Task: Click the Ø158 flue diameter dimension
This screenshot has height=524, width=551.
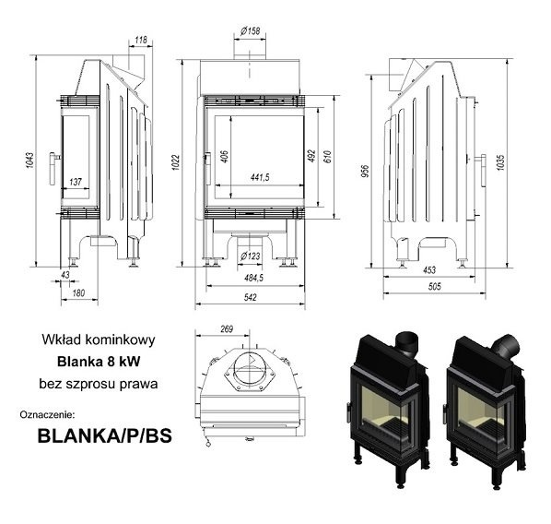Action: (x=251, y=31)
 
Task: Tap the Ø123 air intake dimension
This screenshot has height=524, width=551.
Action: (x=251, y=256)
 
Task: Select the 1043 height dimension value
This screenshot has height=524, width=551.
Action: (x=29, y=161)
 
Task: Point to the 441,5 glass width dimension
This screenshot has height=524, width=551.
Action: (x=260, y=177)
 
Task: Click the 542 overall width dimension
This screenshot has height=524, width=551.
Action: (x=251, y=297)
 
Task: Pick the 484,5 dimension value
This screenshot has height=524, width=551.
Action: (x=253, y=278)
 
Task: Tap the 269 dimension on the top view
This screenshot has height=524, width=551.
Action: (x=227, y=329)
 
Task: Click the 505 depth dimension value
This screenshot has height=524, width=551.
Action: (x=434, y=287)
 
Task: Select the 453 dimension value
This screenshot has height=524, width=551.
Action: (x=429, y=270)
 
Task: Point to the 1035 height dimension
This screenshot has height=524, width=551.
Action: (x=500, y=162)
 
